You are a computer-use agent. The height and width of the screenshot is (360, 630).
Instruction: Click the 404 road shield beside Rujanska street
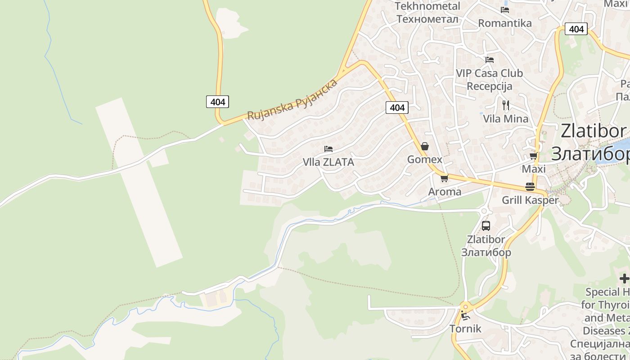click(x=218, y=102)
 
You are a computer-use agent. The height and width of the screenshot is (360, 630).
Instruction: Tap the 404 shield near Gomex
click(x=397, y=108)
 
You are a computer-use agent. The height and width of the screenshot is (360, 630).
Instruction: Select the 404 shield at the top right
click(x=576, y=29)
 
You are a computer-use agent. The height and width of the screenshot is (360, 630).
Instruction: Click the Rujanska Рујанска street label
click(x=292, y=99)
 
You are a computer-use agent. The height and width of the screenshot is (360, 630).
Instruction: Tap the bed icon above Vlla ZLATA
click(x=328, y=149)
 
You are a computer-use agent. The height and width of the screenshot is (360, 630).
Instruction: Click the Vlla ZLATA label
click(x=328, y=162)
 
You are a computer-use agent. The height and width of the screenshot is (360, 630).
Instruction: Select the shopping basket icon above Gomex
click(x=424, y=147)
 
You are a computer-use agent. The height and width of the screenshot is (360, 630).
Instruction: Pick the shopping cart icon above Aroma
click(x=445, y=178)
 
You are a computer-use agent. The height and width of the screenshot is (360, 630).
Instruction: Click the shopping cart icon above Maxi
click(x=534, y=156)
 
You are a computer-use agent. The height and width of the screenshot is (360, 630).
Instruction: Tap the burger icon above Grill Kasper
click(x=530, y=187)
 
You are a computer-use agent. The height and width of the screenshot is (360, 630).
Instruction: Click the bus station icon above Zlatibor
click(x=486, y=226)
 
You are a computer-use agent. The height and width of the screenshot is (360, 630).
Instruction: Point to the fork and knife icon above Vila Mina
click(x=506, y=105)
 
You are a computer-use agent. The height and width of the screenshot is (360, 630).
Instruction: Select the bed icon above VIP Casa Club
click(x=490, y=59)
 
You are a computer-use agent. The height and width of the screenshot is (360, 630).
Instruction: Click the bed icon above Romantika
click(x=505, y=9)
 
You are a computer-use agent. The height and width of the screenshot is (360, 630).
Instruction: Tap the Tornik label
click(x=465, y=329)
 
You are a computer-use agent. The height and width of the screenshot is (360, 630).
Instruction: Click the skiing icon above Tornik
click(x=465, y=315)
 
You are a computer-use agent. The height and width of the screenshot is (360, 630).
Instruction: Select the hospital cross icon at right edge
click(x=625, y=279)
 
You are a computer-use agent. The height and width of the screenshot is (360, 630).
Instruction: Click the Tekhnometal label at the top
click(x=427, y=6)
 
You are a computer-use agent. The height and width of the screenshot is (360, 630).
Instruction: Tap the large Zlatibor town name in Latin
click(x=593, y=131)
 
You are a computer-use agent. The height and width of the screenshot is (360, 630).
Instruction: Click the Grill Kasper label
click(x=530, y=200)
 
